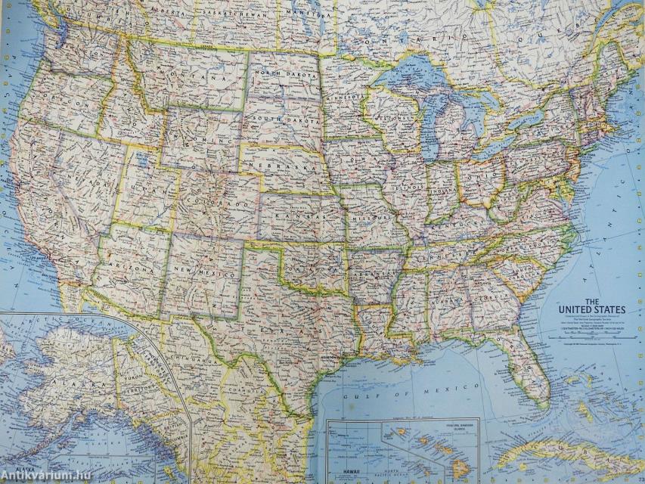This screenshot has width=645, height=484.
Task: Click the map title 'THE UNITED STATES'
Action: [x=592, y=303]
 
